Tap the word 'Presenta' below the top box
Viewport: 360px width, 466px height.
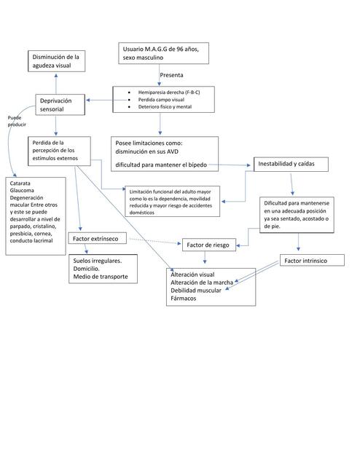[171, 75]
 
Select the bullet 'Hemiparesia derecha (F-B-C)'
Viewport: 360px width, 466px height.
[168, 92]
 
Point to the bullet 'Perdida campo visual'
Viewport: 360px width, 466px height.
[162, 100]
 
